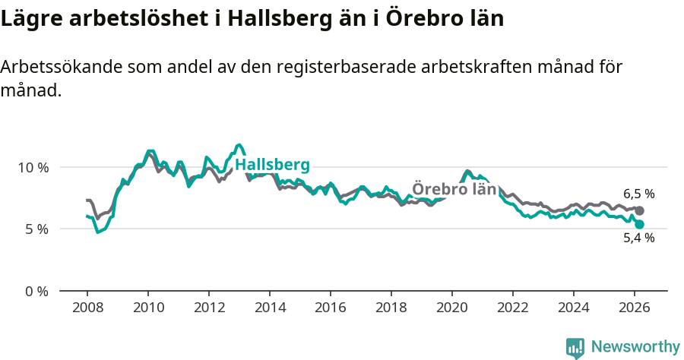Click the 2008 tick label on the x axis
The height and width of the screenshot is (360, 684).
[87, 308]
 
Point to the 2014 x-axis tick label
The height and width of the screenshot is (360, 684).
[270, 308]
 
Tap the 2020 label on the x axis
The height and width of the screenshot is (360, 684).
[452, 308]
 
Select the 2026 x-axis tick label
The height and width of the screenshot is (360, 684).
[635, 308]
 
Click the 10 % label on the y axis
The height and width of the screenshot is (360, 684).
[32, 167]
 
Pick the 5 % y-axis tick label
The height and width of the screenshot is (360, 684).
[36, 229]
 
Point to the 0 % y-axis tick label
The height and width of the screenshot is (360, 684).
[36, 291]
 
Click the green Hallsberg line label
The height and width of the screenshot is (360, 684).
[272, 166]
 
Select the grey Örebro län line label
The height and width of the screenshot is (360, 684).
[454, 189]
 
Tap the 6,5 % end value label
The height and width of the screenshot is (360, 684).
[638, 194]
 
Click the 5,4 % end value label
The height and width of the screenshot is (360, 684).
[638, 238]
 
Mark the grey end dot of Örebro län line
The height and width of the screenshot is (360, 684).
[640, 210]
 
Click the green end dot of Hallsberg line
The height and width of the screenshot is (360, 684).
[640, 224]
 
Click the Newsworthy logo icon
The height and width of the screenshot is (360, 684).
[575, 348]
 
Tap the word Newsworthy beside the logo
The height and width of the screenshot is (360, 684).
[635, 347]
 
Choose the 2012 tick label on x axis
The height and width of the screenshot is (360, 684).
[209, 308]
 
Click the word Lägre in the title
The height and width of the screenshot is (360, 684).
[28, 18]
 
